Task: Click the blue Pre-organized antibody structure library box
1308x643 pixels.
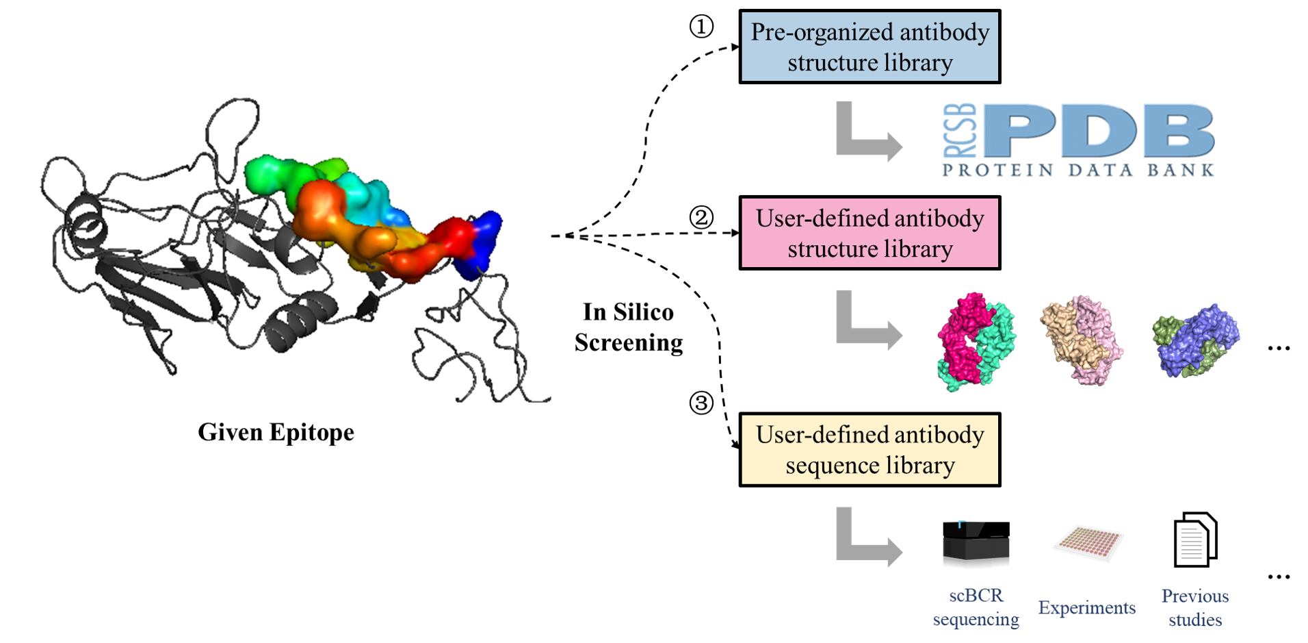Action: [869, 47]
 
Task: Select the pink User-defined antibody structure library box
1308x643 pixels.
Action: [869, 233]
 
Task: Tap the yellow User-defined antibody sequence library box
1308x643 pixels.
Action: [869, 449]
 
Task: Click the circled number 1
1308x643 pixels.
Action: [701, 27]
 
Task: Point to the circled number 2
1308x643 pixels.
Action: [701, 218]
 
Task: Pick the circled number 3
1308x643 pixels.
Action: [701, 403]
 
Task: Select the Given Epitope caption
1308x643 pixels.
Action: [276, 432]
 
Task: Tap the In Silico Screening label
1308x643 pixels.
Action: [628, 327]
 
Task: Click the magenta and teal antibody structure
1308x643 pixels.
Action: [976, 341]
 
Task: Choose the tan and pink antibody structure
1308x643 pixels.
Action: [1081, 340]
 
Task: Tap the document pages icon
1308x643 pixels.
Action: [1194, 540]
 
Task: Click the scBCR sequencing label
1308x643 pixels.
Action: [976, 607]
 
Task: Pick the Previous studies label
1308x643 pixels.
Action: [1194, 607]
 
